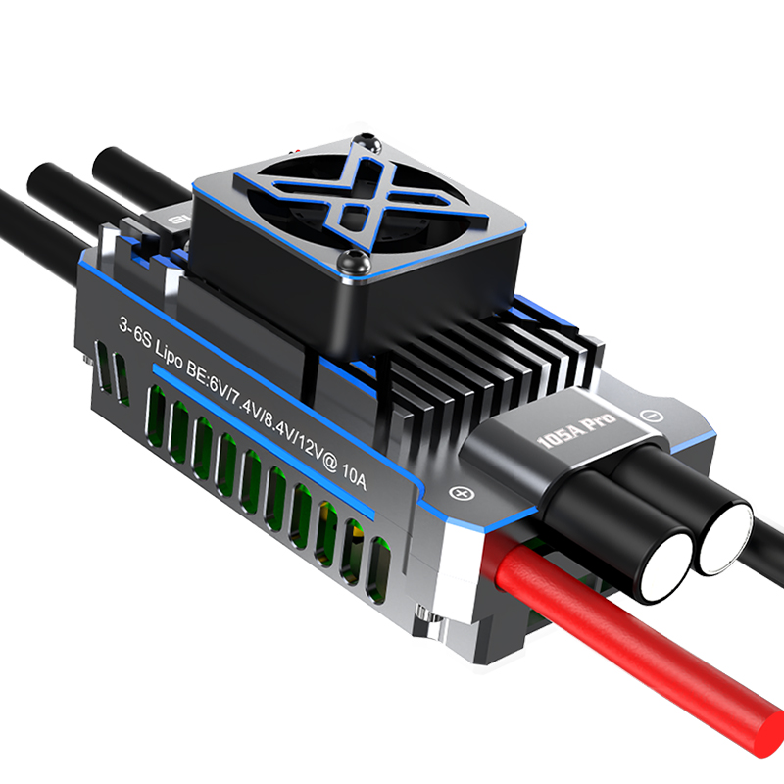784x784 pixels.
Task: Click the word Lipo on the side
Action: (169, 354)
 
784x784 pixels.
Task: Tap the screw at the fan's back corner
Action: (367, 142)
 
